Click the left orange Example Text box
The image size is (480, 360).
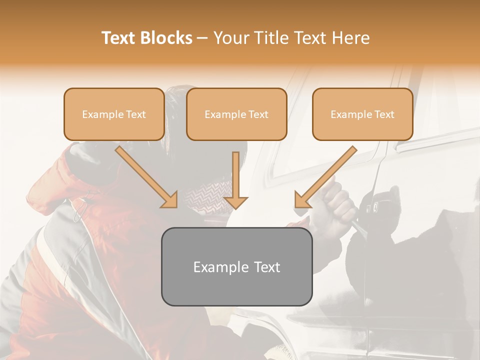114,114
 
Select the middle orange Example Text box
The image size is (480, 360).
236,114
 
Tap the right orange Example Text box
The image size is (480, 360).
362,114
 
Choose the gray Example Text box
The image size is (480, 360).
236,266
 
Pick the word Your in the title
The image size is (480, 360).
231,38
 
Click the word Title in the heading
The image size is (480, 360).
271,38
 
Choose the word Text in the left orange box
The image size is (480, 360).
135,114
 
